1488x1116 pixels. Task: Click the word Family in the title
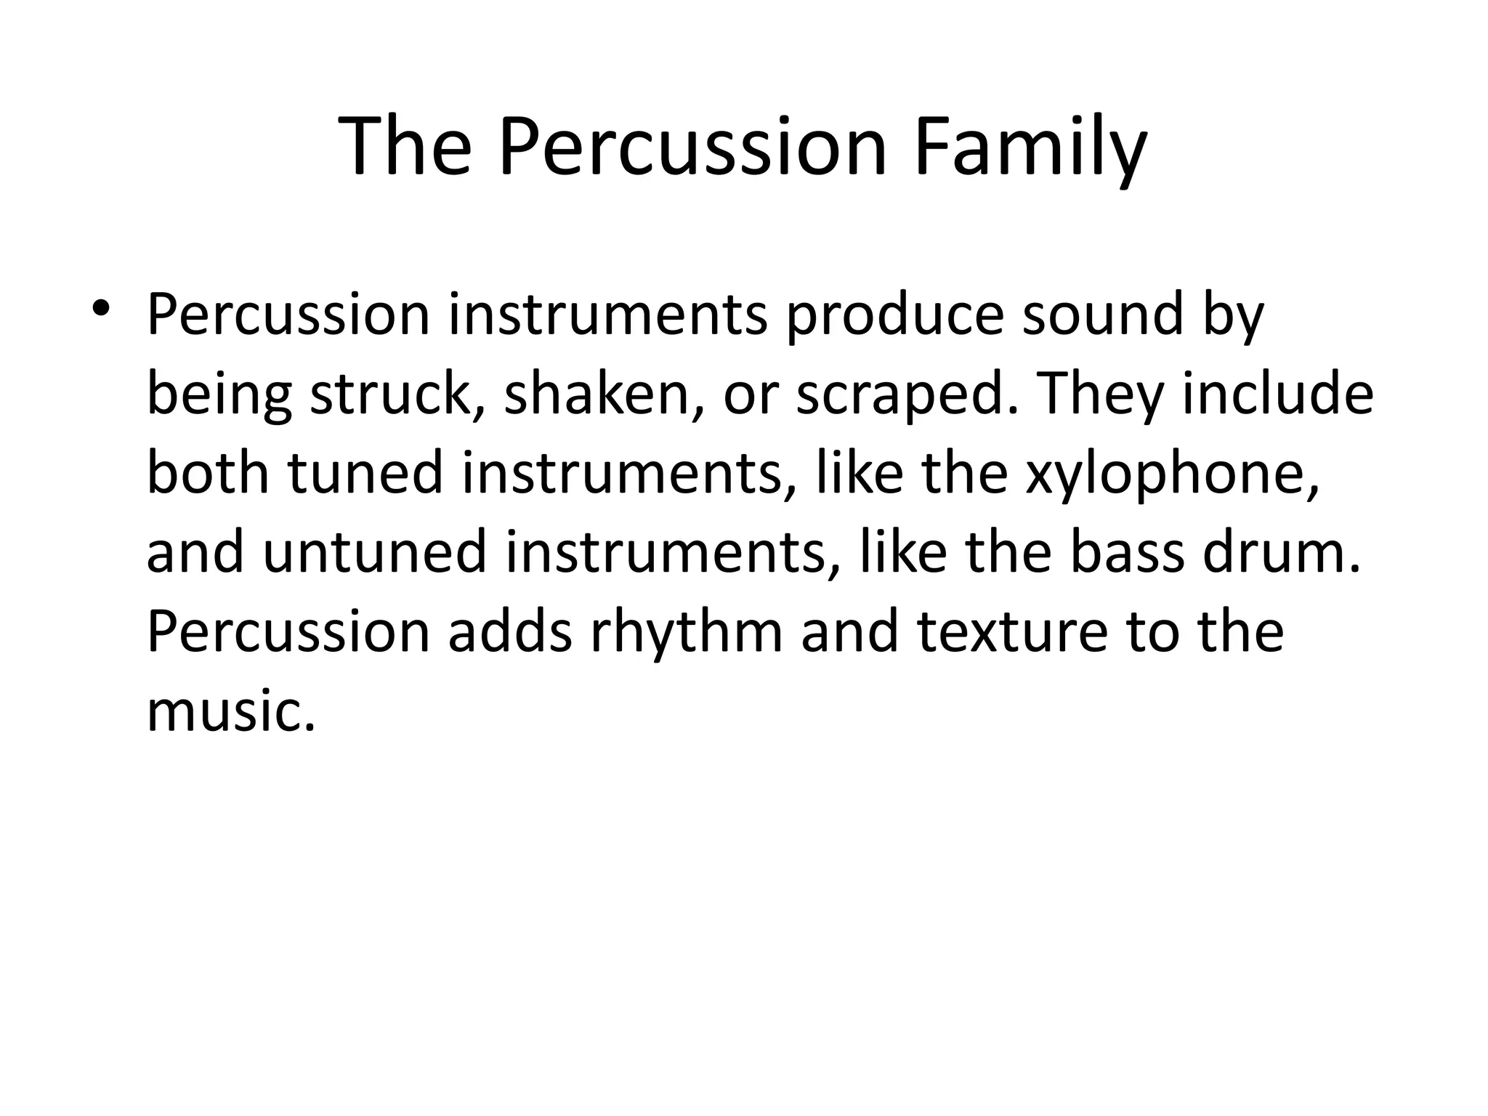1030,147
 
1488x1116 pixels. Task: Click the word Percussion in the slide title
692,147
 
